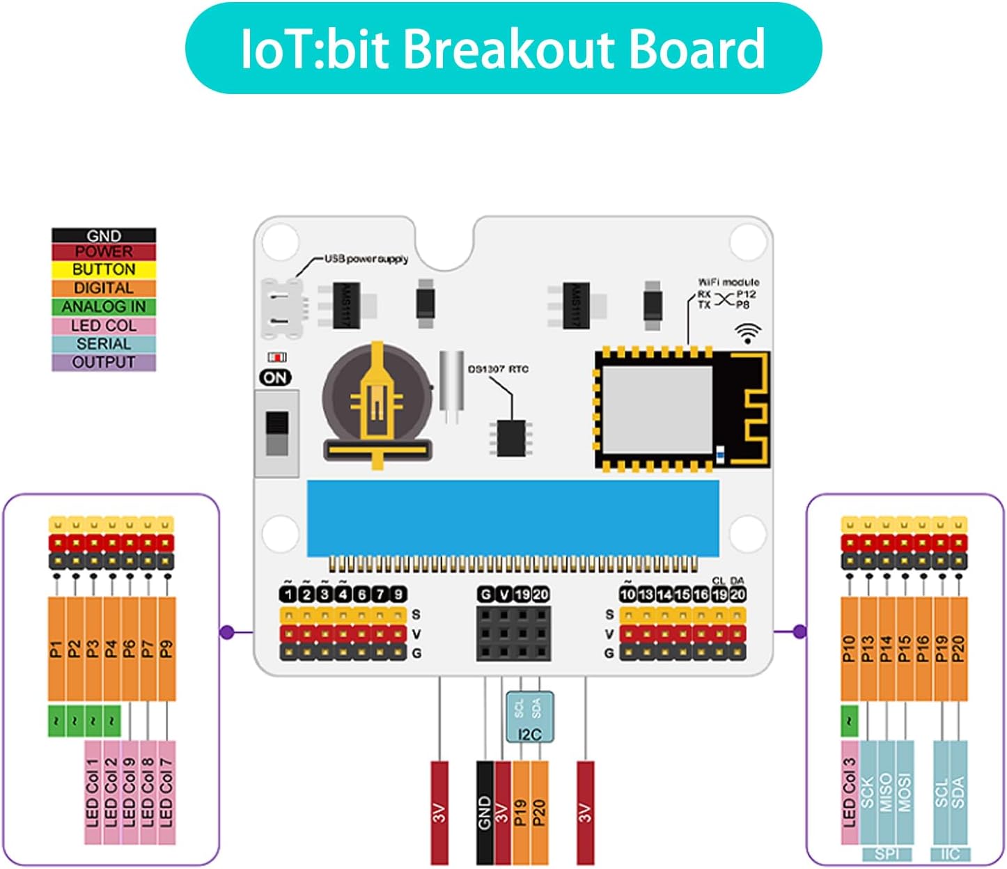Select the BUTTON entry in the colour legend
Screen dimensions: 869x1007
pos(104,269)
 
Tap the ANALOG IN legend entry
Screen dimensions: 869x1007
pos(104,306)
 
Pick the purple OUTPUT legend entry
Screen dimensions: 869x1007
pos(104,362)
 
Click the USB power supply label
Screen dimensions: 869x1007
pos(366,259)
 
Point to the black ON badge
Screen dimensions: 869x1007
pos(275,377)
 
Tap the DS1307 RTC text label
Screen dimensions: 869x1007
pos(498,369)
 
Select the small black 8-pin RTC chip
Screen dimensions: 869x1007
pos(511,438)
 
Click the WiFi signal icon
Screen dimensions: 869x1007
pos(748,334)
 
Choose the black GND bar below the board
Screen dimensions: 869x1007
pos(485,813)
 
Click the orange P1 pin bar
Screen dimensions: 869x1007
pos(56,649)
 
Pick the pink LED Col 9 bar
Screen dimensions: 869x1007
pos(130,792)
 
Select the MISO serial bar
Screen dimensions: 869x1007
pos(886,792)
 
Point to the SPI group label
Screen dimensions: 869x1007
pos(887,854)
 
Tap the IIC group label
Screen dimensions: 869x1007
pos(950,854)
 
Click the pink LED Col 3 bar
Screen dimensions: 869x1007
pos(849,792)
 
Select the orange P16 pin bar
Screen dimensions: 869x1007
pos(923,649)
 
